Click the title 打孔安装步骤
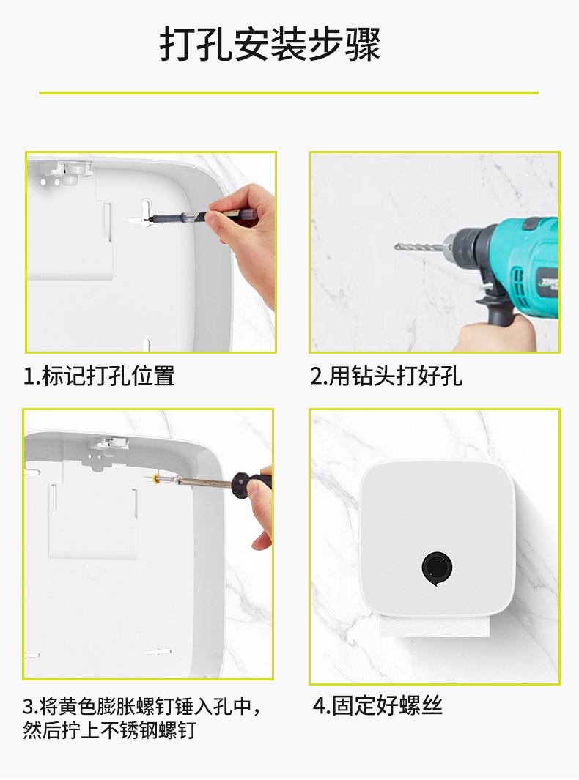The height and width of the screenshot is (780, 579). (x=270, y=45)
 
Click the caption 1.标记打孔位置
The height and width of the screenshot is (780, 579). (x=99, y=376)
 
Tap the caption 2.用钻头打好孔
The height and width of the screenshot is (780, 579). (x=386, y=376)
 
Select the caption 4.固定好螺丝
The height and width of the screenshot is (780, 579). (x=377, y=705)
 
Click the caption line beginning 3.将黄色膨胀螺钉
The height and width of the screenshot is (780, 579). (x=141, y=706)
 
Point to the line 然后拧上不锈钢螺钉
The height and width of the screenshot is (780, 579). (x=109, y=730)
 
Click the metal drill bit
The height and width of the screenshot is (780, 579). (x=418, y=246)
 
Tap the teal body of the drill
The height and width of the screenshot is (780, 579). (x=523, y=264)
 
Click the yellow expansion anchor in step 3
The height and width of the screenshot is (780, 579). (x=157, y=479)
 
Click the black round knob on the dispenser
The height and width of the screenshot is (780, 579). (x=437, y=568)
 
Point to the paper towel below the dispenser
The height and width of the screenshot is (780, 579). (x=435, y=625)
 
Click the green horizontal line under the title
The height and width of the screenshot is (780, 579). (x=289, y=92)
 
